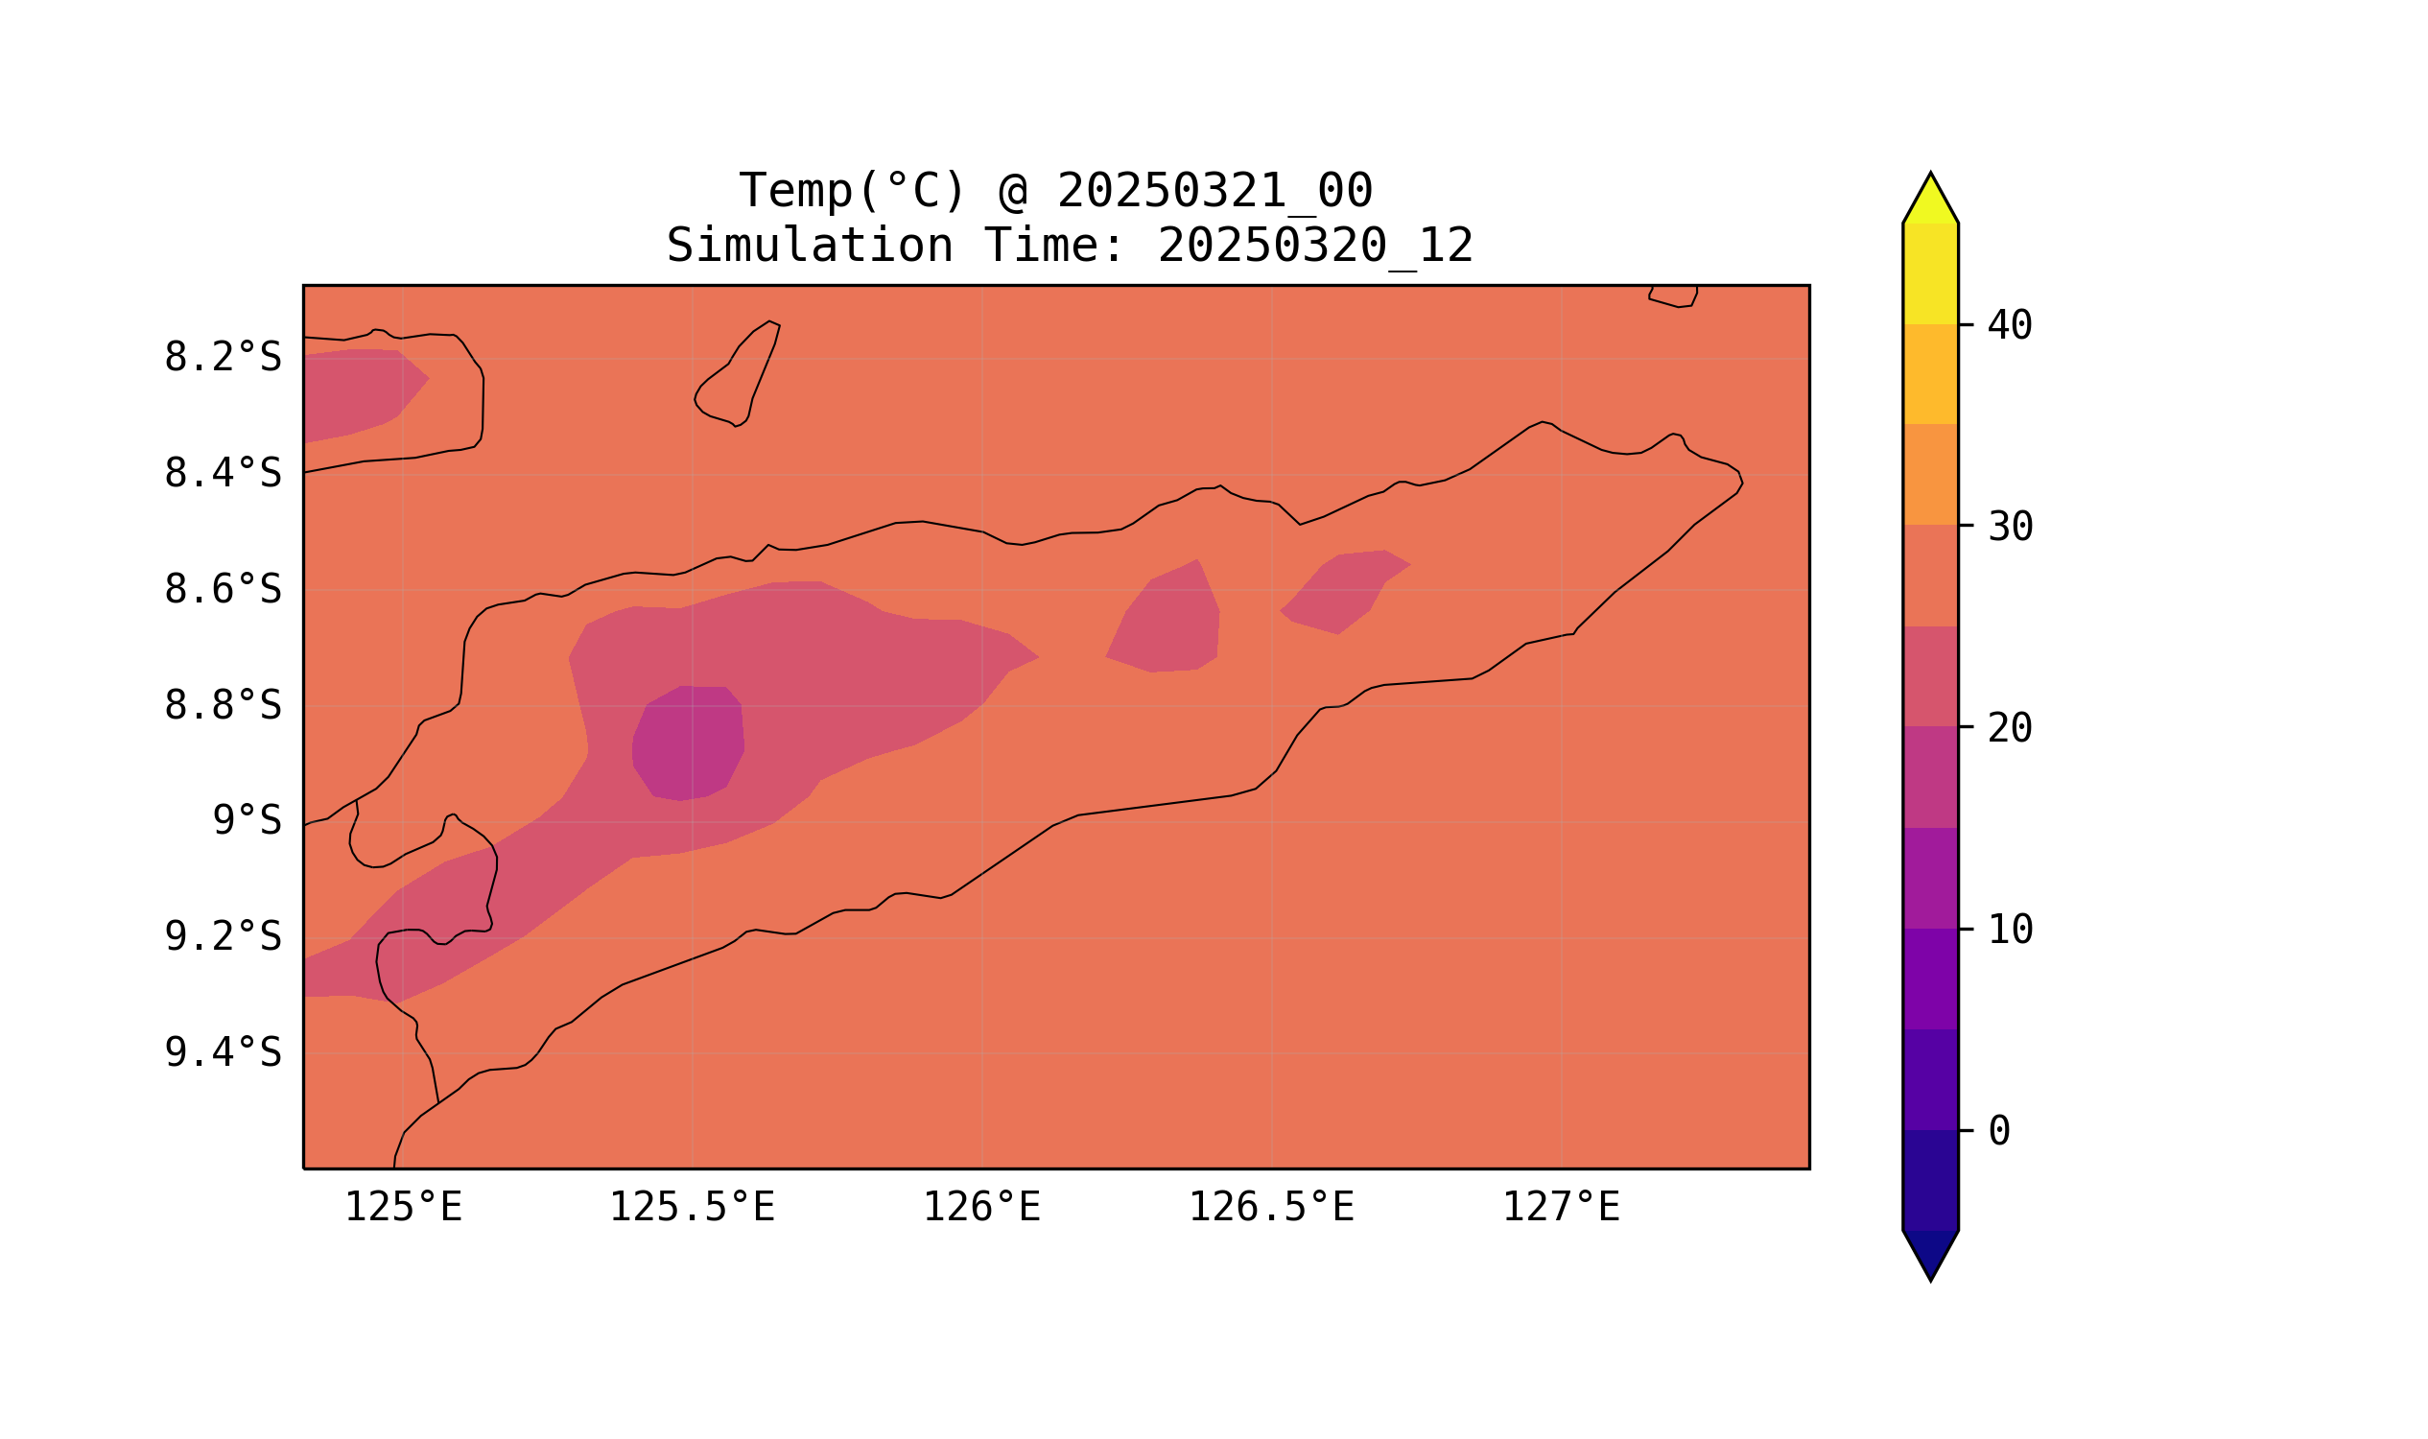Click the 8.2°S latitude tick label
click(222, 358)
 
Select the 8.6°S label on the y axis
click(222, 590)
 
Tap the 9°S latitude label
click(247, 821)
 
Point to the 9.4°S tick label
click(222, 1053)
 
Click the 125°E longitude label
click(403, 1208)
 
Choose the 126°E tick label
click(981, 1208)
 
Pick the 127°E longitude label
click(1560, 1208)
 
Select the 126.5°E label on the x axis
click(1271, 1208)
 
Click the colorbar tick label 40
click(2010, 326)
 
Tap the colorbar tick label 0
click(1999, 1132)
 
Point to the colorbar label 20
click(2010, 729)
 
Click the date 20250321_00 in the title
click(1214, 191)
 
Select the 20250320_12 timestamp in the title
click(1315, 247)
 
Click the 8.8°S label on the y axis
click(222, 706)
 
